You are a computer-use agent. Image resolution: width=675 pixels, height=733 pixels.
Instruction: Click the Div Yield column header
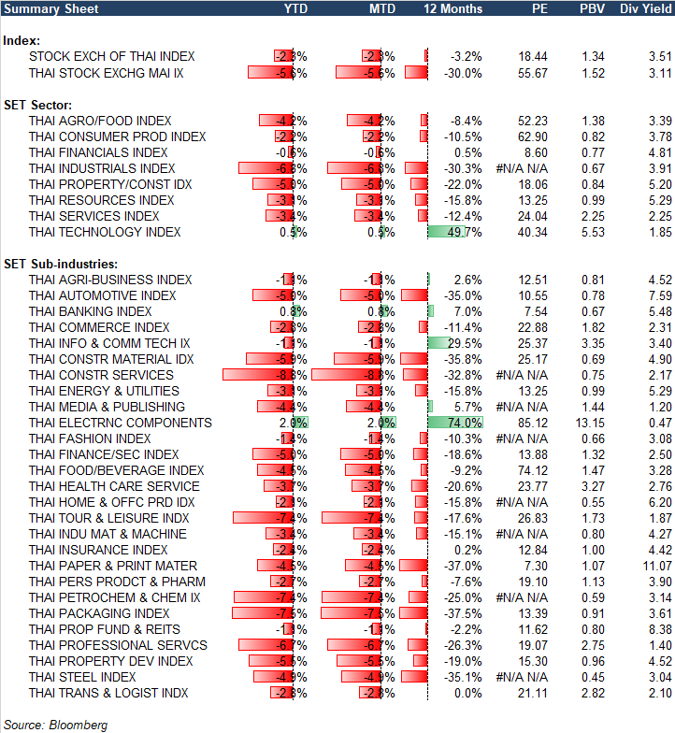(646, 8)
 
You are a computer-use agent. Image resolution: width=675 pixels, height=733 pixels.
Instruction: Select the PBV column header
(593, 8)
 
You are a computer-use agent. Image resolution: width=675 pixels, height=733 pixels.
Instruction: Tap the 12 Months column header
(453, 8)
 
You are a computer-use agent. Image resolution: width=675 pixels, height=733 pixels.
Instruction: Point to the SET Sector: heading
(39, 105)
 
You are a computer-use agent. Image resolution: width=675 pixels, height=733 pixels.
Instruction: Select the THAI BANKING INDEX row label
(91, 311)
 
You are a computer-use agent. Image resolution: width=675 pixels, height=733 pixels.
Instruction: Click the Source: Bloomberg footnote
(55, 725)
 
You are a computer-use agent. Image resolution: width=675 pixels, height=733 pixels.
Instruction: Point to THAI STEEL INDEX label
(82, 677)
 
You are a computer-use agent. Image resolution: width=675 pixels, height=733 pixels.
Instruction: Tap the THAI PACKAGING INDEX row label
(99, 613)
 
